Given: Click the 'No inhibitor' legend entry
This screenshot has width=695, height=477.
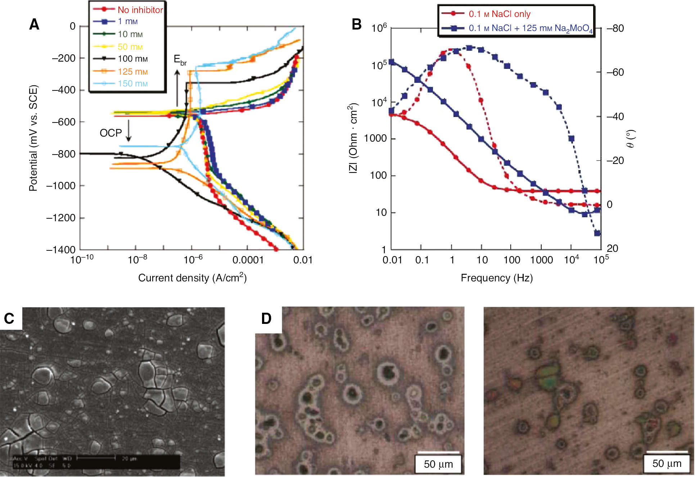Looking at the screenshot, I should (140, 10).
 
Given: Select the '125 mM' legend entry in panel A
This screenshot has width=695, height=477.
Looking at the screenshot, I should (132, 71).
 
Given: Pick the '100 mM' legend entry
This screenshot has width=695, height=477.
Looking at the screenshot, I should (132, 59).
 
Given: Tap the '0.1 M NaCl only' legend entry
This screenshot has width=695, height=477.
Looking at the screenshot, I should (499, 14).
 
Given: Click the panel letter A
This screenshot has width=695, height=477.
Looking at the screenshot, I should (34, 24).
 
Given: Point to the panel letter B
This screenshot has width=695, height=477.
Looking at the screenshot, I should (356, 24).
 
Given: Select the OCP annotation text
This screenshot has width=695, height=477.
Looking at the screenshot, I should (110, 133).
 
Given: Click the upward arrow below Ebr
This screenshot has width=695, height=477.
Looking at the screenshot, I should (177, 88).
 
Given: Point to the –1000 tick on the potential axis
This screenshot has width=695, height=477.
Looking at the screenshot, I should (61, 186).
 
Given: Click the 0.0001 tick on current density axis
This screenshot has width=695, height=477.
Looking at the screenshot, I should (248, 260).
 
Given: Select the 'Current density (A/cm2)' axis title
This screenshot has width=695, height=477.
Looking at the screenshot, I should (192, 278).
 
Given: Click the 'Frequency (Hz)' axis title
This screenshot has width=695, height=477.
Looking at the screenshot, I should (497, 278).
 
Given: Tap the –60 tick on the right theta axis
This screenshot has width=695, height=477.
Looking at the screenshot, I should (615, 72).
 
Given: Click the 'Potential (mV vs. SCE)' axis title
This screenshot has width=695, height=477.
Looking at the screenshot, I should (33, 138).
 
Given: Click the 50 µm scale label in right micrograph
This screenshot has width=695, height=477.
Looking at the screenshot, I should (667, 464).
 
